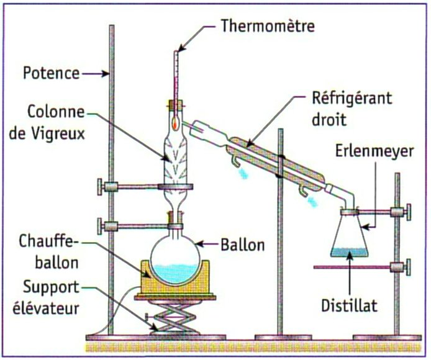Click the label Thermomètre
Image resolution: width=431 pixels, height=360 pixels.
tap(268, 26)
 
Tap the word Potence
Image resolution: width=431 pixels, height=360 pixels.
tap(52, 73)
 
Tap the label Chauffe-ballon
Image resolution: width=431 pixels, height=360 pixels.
tap(49, 251)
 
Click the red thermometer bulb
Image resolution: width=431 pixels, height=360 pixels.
tap(176, 123)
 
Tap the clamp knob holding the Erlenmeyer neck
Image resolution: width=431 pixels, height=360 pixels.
tap(408, 213)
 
